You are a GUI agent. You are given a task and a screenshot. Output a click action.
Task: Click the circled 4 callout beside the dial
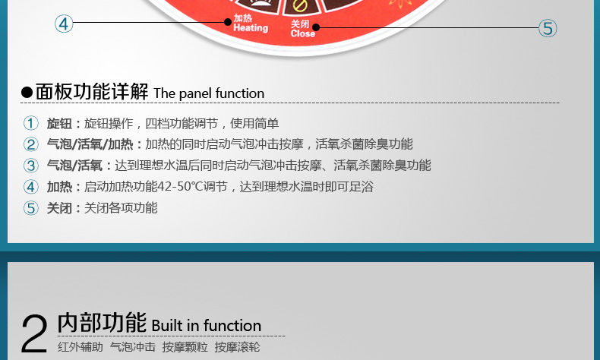pyautogui.click(x=64, y=24)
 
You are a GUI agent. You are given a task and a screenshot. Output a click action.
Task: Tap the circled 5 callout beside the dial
pyautogui.click(x=548, y=28)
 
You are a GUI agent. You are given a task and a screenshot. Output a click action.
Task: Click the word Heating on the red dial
pyautogui.click(x=251, y=27)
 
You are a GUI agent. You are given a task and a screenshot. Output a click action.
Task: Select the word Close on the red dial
pyautogui.click(x=303, y=33)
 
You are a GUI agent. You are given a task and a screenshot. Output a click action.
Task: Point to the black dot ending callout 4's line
pyautogui.click(x=228, y=22)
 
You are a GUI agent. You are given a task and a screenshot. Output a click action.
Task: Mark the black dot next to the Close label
pyautogui.click(x=316, y=27)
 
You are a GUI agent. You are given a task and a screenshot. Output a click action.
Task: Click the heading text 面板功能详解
pyautogui.click(x=92, y=91)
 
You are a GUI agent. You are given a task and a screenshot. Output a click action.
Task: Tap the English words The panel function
pyautogui.click(x=209, y=93)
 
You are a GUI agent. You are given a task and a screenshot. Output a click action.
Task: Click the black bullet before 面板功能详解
pyautogui.click(x=27, y=93)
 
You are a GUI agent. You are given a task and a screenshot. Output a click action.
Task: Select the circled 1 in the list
pyautogui.click(x=31, y=123)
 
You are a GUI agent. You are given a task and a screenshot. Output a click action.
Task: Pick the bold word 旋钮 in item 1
pyautogui.click(x=59, y=124)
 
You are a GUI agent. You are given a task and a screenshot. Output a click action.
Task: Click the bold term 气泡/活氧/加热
pyautogui.click(x=90, y=144)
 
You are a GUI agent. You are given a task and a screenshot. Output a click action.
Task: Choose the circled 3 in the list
pyautogui.click(x=31, y=166)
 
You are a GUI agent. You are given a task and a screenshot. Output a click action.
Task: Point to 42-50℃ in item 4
pyautogui.click(x=180, y=187)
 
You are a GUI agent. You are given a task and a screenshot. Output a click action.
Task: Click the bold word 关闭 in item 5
pyautogui.click(x=59, y=208)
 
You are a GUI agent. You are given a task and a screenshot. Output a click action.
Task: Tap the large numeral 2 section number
pyautogui.click(x=34, y=333)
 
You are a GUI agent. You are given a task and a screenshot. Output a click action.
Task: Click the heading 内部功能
pyautogui.click(x=102, y=322)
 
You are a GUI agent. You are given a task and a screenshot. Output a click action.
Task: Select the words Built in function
pyautogui.click(x=207, y=326)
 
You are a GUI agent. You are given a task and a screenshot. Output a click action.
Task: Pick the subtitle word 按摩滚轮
pyautogui.click(x=237, y=347)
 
